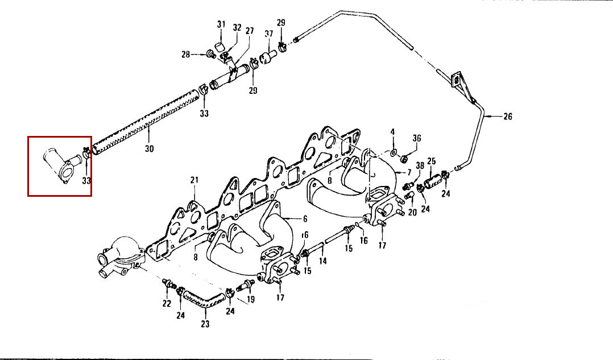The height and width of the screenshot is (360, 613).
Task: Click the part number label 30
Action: tap(150, 148)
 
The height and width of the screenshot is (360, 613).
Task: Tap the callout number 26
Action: tap(507, 117)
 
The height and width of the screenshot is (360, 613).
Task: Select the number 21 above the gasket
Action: tap(194, 180)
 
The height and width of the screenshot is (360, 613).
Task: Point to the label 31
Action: tap(221, 24)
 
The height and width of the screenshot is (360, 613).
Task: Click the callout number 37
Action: tap(269, 34)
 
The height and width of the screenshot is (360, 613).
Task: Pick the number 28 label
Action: tap(186, 55)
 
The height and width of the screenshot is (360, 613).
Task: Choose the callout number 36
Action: tap(417, 138)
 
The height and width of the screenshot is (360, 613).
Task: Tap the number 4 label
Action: tap(392, 132)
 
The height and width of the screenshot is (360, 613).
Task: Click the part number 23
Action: tap(205, 324)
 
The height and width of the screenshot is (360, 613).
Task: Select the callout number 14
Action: tap(322, 260)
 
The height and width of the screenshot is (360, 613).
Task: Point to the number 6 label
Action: tap(305, 219)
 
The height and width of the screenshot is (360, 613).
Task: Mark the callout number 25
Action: tap(431, 161)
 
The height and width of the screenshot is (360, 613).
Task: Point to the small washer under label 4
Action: tap(393, 152)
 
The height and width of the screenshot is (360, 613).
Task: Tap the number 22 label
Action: tap(167, 304)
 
